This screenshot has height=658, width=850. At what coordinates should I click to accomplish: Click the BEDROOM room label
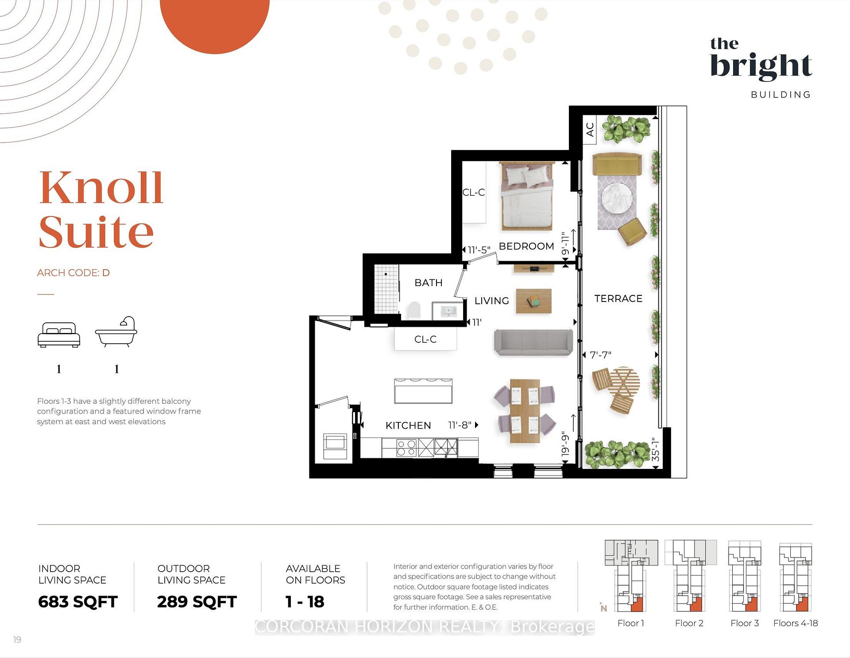point(526,246)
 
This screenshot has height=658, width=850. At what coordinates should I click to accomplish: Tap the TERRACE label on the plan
point(618,298)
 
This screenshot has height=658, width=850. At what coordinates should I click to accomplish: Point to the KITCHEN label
point(408,426)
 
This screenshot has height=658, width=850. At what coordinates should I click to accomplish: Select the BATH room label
point(429,283)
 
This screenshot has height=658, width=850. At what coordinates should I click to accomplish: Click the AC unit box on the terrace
point(589,129)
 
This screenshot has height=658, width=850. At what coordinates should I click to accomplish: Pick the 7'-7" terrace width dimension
point(601,355)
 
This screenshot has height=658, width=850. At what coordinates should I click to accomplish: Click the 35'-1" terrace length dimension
point(656,449)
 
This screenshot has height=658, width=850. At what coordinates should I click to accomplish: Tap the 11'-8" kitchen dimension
point(460,425)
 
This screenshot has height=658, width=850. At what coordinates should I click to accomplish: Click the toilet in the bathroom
point(414,310)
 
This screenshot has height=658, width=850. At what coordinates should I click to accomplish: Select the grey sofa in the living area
point(533,342)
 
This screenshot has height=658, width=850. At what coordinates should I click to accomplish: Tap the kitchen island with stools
point(423,391)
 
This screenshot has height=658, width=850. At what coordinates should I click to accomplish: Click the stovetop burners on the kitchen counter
point(406,448)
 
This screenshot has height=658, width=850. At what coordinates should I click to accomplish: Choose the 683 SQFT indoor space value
point(78,602)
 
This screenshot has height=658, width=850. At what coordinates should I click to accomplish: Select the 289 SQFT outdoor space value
point(197,602)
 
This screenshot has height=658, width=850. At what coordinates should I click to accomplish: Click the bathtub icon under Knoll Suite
point(116,332)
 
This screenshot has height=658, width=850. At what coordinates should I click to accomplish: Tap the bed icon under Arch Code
point(59,335)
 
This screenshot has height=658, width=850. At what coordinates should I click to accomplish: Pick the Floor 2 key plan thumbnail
point(690,576)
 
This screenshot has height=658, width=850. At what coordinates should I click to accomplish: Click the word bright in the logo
point(761,66)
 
